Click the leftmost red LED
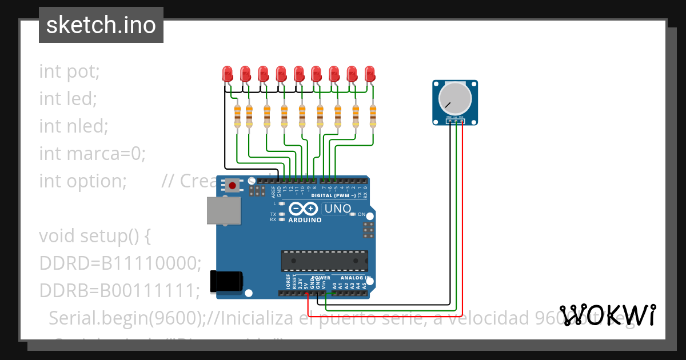(228, 73)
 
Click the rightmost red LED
(370, 73)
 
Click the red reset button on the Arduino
(232, 185)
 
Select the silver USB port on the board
(223, 210)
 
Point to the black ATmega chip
(324, 260)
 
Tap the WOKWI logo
(608, 315)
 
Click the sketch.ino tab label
(101, 25)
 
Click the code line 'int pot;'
(70, 71)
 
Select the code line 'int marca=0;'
(93, 153)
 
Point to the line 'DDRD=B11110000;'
(120, 263)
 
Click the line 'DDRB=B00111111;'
(119, 290)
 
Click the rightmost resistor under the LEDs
(373, 117)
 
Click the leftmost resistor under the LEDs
(238, 117)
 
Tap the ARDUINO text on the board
(305, 220)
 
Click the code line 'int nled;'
(74, 126)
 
